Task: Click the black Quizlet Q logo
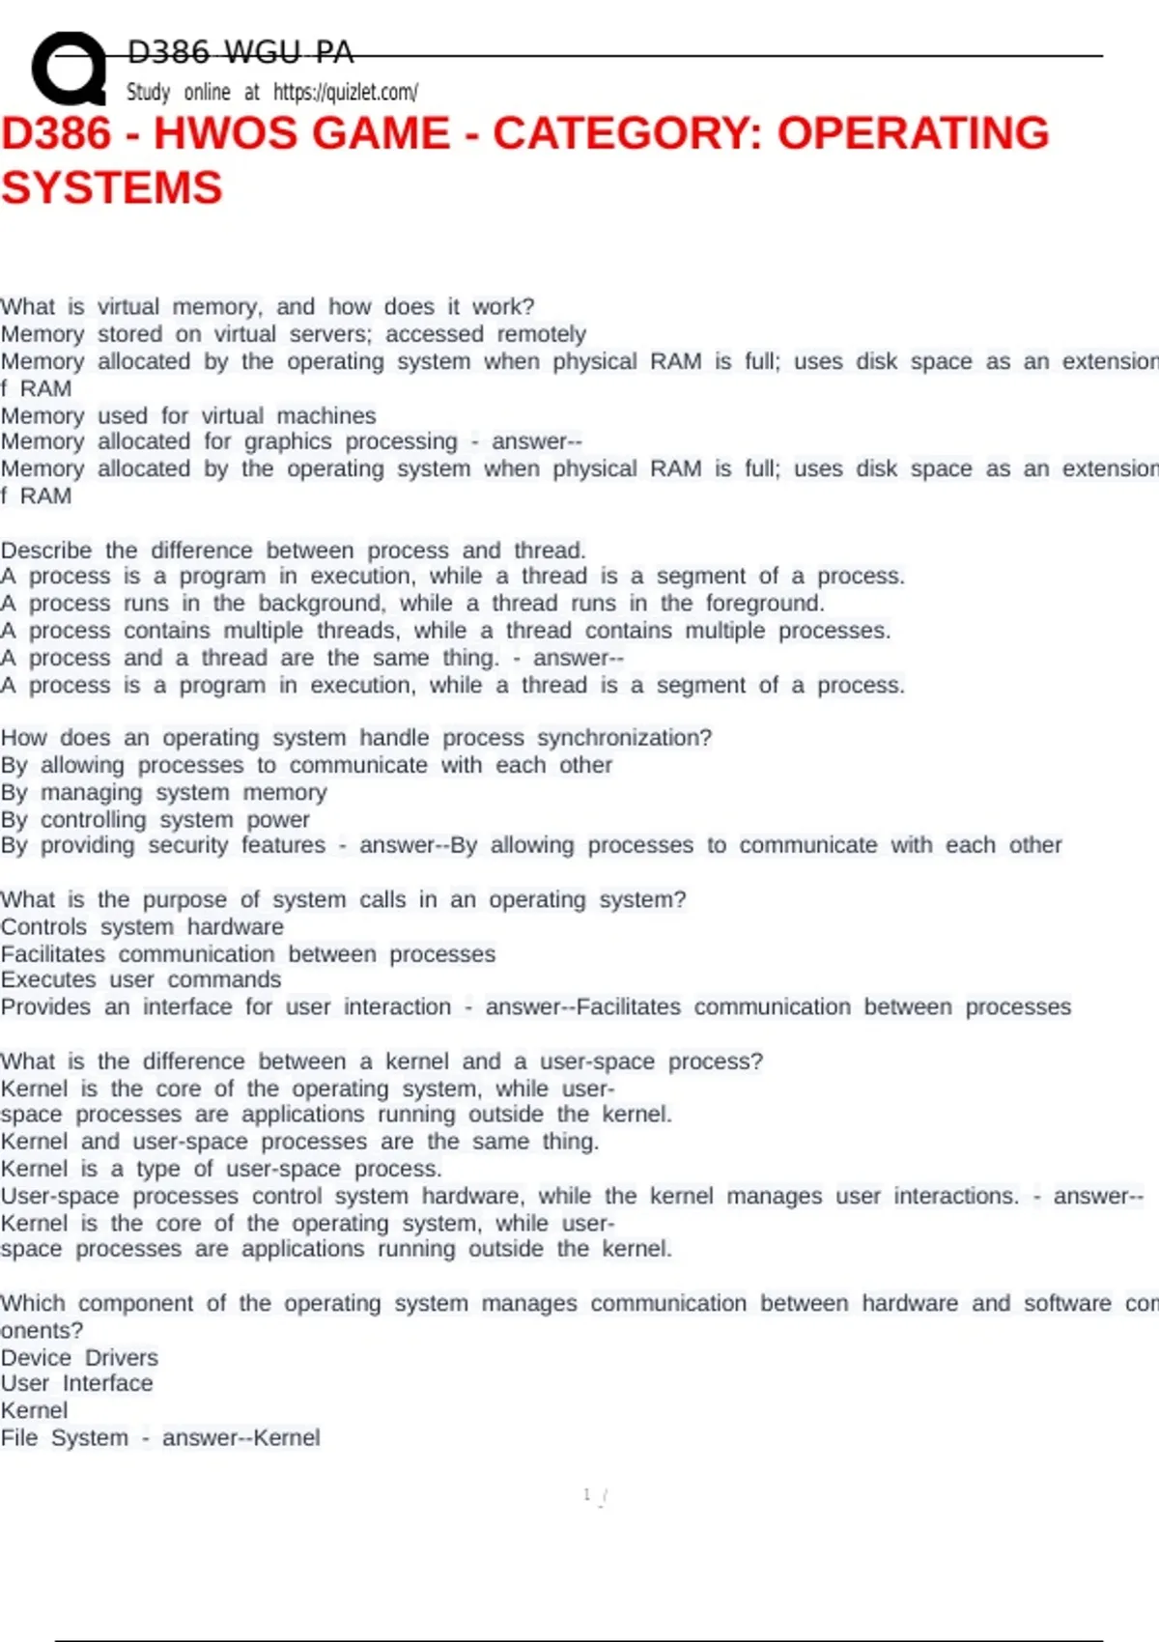click(x=68, y=69)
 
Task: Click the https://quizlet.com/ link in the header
click(x=345, y=93)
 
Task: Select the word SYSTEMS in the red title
click(x=111, y=187)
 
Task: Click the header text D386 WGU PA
click(x=240, y=52)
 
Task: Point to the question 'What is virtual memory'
click(x=267, y=307)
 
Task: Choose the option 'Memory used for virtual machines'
click(x=188, y=416)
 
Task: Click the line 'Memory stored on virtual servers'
click(x=293, y=334)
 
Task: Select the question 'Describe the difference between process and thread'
click(x=293, y=551)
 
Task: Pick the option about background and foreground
click(x=412, y=604)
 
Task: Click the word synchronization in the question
click(x=624, y=738)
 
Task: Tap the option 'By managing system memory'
click(x=164, y=793)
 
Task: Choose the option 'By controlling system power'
click(x=155, y=820)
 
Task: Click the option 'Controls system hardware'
click(x=142, y=927)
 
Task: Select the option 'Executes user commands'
click(x=141, y=979)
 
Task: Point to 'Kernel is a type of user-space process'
click(x=221, y=1169)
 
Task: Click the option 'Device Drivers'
click(x=79, y=1358)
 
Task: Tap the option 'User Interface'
click(x=76, y=1383)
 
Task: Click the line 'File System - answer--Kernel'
click(x=160, y=1438)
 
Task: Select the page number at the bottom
click(x=587, y=1495)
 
